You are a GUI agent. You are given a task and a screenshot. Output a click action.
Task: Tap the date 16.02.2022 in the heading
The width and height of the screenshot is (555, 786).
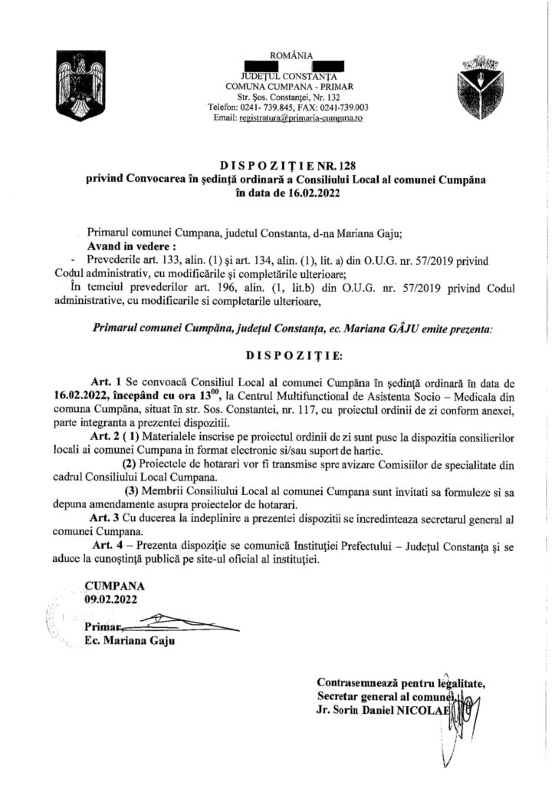[x=300, y=194]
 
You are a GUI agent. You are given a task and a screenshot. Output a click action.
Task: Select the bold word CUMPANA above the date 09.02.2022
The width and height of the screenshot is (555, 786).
[x=113, y=587]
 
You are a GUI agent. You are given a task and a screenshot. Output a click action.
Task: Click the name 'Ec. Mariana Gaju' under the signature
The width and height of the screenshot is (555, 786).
[x=126, y=641]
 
